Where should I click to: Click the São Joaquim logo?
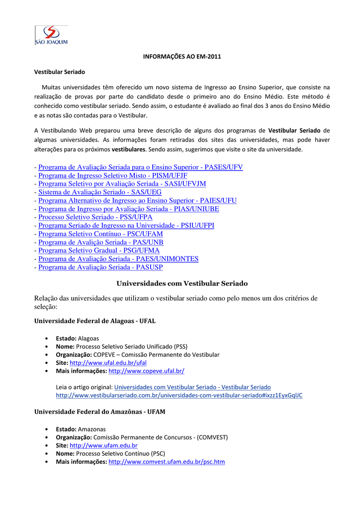[x=51, y=35]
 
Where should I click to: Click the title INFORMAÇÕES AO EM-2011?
[x=181, y=57]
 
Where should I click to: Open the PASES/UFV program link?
[x=140, y=167]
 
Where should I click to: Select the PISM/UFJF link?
[x=112, y=175]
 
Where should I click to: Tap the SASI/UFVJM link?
[x=122, y=184]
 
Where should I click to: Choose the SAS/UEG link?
[x=92, y=192]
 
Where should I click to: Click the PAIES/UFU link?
[x=137, y=200]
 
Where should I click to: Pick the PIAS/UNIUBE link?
[x=128, y=209]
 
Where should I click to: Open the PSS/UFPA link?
[x=95, y=217]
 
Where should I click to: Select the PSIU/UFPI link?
[x=126, y=226]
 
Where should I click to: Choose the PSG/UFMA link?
[x=99, y=251]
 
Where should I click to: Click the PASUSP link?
[x=100, y=267]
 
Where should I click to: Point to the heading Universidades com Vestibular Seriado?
[x=181, y=283]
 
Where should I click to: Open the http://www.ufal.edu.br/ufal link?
[x=108, y=363]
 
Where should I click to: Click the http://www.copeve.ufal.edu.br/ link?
[x=146, y=371]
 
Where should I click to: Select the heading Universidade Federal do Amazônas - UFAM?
[x=99, y=412]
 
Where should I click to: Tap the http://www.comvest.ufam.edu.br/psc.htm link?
[x=166, y=462]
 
